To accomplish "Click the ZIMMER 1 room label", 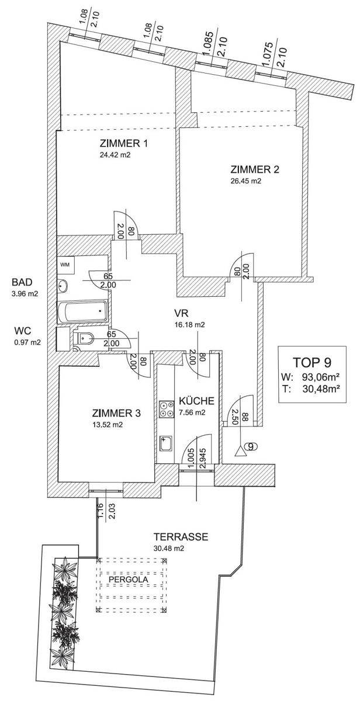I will click(124, 144).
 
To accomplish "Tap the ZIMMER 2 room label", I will click(255, 170).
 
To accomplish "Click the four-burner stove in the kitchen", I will click(165, 408).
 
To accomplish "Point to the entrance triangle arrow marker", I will click(239, 452).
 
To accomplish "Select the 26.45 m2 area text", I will click(245, 181).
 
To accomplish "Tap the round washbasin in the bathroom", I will click(63, 286).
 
